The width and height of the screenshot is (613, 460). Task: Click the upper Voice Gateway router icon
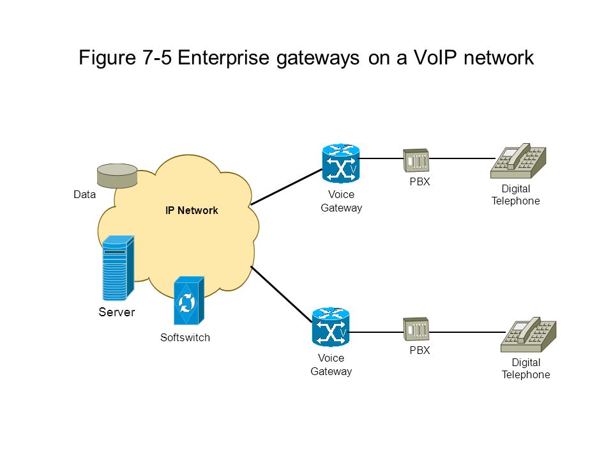pyautogui.click(x=341, y=164)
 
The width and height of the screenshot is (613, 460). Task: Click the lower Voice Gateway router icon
pyautogui.click(x=331, y=327)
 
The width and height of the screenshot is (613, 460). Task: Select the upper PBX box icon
pyautogui.click(x=416, y=160)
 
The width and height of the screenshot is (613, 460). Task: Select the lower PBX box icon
pyautogui.click(x=416, y=329)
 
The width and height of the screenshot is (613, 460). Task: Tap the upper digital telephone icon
pyautogui.click(x=518, y=161)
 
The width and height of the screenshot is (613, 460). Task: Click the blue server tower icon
pyautogui.click(x=118, y=268)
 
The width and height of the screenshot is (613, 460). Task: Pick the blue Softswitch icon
pyautogui.click(x=189, y=300)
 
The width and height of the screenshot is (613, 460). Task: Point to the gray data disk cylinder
pyautogui.click(x=117, y=176)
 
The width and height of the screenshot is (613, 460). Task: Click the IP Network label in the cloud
pyautogui.click(x=192, y=210)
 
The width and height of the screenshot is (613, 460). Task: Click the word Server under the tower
pyautogui.click(x=116, y=312)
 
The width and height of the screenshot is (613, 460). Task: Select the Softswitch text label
pyautogui.click(x=185, y=337)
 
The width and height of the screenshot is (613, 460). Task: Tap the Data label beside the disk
pyautogui.click(x=84, y=194)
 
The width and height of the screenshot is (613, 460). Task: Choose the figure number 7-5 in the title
pyautogui.click(x=156, y=57)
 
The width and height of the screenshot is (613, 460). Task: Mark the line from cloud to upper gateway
pyautogui.click(x=287, y=187)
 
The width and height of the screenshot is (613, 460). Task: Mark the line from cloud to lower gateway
pyautogui.click(x=282, y=295)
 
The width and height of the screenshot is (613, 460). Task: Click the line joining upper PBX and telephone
pyautogui.click(x=462, y=158)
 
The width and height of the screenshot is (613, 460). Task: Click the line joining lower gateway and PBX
pyautogui.click(x=376, y=332)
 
